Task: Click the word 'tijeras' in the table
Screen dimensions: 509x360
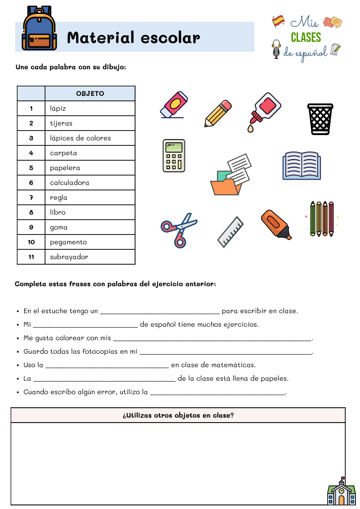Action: coord(61,123)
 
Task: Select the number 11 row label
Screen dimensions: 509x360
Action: coord(31,257)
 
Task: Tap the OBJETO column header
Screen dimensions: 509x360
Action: coord(90,94)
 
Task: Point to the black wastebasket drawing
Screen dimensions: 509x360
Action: coord(320,119)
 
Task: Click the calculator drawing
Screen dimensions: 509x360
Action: coord(174,156)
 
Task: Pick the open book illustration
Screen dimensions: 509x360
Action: coord(301,166)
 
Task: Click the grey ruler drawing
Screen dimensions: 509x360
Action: coord(230,232)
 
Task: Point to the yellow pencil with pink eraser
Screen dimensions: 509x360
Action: coord(218,113)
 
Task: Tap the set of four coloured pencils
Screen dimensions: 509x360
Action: coord(322,219)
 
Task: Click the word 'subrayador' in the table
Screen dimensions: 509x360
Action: coord(69,257)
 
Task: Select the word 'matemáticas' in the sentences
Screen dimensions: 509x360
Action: coord(236,365)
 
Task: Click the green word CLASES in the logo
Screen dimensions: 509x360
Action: coord(306,37)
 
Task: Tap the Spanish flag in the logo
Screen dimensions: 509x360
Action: coord(279,21)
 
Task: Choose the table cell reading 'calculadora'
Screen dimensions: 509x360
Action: coord(70,183)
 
